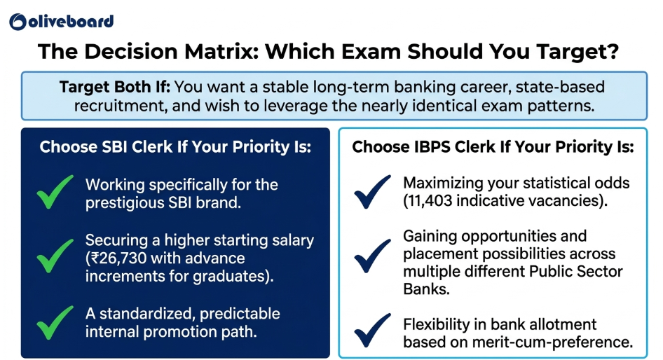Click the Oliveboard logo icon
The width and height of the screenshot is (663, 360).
click(x=18, y=22)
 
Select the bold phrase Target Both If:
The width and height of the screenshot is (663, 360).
click(x=114, y=87)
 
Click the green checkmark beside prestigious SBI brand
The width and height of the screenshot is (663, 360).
click(x=55, y=192)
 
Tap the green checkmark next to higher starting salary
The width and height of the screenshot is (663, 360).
click(x=55, y=256)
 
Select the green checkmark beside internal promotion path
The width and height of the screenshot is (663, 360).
click(x=55, y=322)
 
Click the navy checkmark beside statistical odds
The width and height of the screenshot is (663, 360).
click(x=373, y=192)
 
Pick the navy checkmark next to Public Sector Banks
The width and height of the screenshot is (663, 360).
click(x=373, y=256)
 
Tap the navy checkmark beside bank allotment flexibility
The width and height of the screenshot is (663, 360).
click(x=373, y=330)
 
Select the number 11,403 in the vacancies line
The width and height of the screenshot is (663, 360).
click(x=430, y=201)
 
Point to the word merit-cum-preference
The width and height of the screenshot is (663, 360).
click(x=552, y=342)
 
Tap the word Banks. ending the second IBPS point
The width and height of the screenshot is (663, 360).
click(x=426, y=289)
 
